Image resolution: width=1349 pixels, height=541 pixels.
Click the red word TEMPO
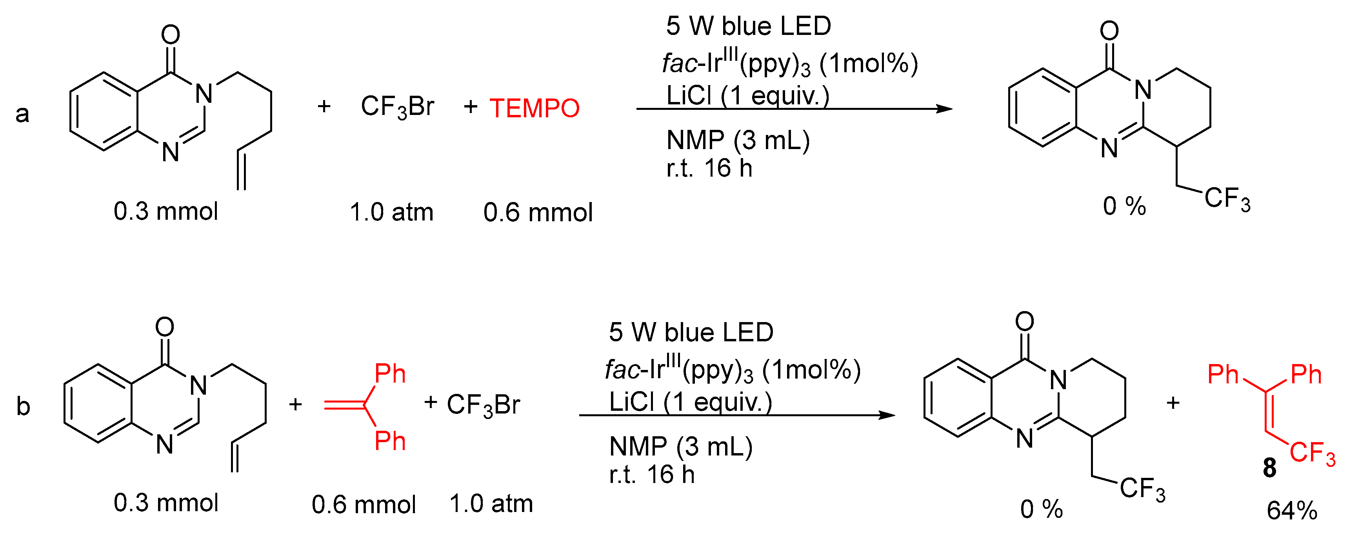pyautogui.click(x=534, y=108)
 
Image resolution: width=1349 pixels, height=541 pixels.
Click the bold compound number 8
pyautogui.click(x=1269, y=468)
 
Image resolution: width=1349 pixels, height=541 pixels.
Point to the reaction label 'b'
pyautogui.click(x=23, y=406)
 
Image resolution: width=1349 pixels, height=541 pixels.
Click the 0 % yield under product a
pyautogui.click(x=1124, y=206)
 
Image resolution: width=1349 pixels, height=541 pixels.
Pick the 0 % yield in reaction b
pyautogui.click(x=1041, y=509)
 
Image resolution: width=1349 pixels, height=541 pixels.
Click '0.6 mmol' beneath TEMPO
pyautogui.click(x=537, y=213)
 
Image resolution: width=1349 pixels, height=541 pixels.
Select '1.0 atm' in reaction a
pyautogui.click(x=391, y=213)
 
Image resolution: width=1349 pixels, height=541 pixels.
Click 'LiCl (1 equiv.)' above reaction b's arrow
pyautogui.click(x=690, y=402)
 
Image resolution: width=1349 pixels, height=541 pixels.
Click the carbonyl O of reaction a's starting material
pyautogui.click(x=171, y=35)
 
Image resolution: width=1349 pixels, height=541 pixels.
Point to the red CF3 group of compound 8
pyautogui.click(x=1312, y=453)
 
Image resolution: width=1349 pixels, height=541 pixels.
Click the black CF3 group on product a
pyautogui.click(x=1227, y=199)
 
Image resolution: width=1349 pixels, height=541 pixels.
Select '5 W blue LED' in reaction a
pyautogui.click(x=748, y=26)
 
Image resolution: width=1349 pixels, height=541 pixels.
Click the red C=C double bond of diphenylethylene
pyautogui.click(x=344, y=405)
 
